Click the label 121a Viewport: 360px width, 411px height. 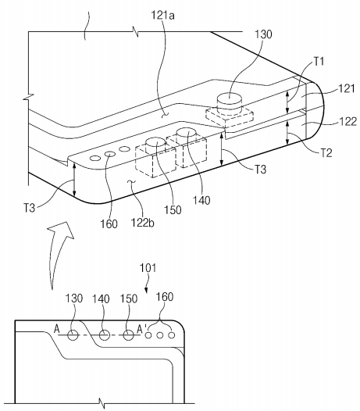[162, 15]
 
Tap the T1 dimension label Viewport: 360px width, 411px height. [319, 61]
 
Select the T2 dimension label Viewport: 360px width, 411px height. [326, 153]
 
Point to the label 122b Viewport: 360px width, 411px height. [143, 223]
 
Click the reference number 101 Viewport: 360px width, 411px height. [148, 268]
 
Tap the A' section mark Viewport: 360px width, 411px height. [142, 328]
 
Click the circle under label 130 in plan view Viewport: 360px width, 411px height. [73, 335]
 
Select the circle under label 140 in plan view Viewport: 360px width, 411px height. [105, 335]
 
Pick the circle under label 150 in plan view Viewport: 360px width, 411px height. [128, 335]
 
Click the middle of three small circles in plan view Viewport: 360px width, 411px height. [160, 335]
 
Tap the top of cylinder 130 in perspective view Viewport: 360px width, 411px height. [229, 99]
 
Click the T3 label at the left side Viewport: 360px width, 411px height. [30, 209]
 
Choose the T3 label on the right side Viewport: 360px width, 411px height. [260, 170]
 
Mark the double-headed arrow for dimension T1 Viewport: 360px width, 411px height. [287, 102]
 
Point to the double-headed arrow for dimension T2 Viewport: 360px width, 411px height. [287, 133]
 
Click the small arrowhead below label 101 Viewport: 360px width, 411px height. [146, 290]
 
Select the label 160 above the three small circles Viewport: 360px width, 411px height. [165, 297]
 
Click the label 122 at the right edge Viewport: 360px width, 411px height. [348, 122]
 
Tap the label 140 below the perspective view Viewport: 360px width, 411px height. [201, 201]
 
